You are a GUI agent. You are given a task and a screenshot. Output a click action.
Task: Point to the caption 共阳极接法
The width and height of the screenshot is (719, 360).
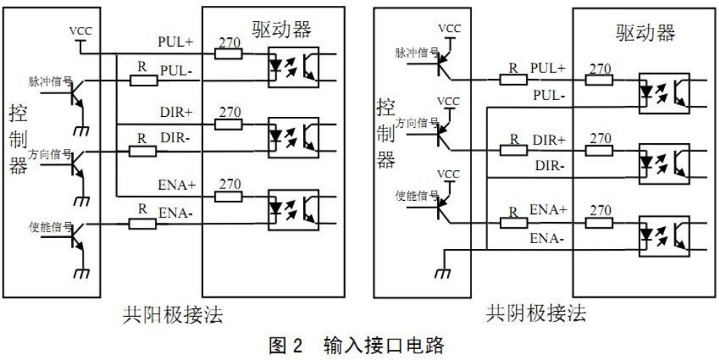click(x=172, y=315)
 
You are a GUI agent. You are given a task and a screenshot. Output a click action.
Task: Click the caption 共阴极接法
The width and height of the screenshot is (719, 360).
click(x=536, y=315)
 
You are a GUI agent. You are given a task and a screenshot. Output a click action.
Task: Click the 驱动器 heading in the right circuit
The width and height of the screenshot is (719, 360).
click(x=644, y=32)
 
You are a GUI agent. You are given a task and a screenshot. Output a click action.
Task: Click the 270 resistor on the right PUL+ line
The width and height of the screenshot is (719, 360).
click(x=601, y=75)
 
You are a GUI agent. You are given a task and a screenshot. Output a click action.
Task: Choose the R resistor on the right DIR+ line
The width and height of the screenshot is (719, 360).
click(x=511, y=148)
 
